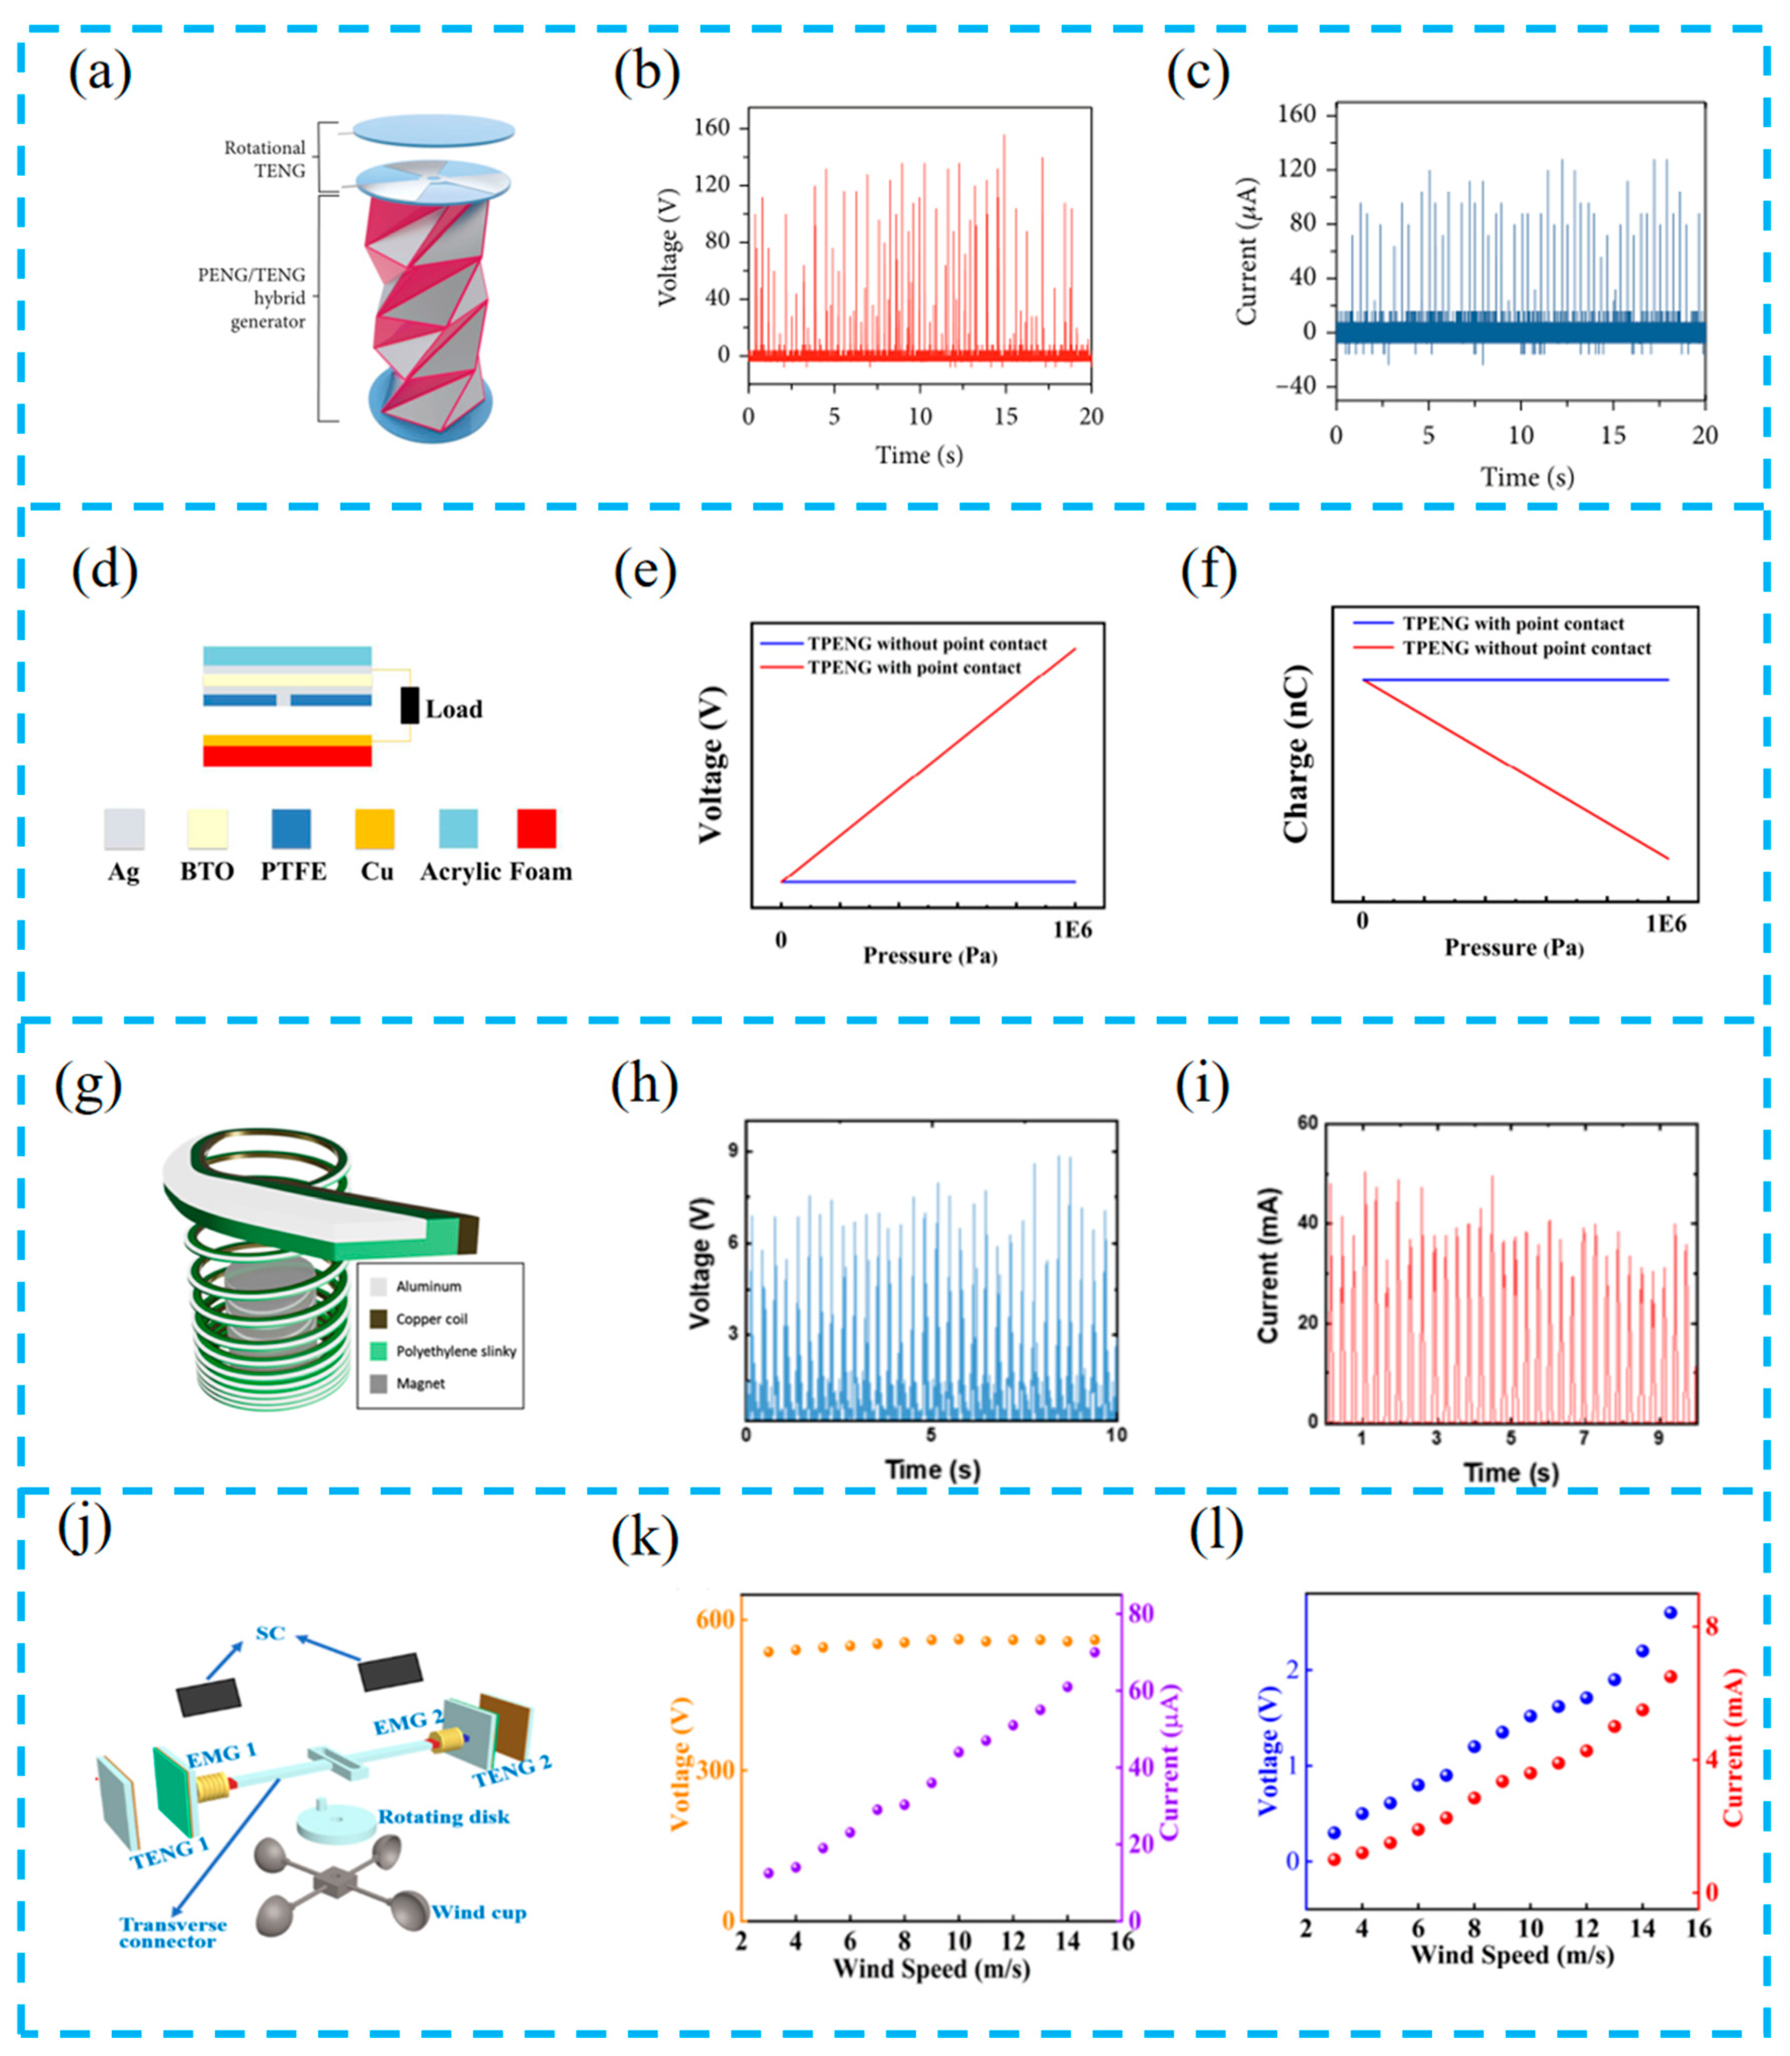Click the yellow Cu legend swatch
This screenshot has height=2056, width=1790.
point(375,828)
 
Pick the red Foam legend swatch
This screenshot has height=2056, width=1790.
point(537,828)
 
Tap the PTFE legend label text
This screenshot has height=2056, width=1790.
point(294,871)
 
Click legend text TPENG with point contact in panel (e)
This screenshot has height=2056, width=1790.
point(914,667)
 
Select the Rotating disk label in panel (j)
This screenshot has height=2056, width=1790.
point(444,1816)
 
